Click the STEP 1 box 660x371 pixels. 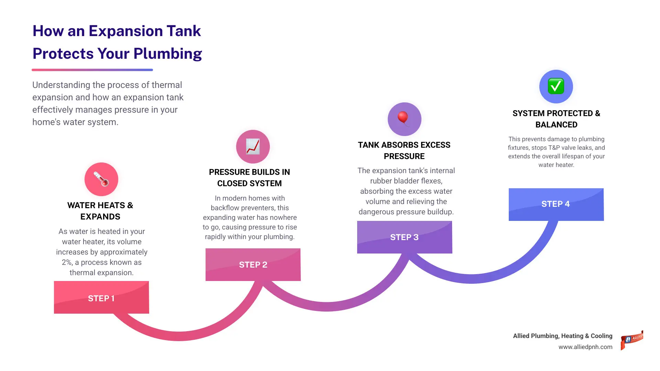[101, 297]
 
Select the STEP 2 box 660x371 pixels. [253, 265]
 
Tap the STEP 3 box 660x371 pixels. [405, 237]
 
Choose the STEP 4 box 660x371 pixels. [556, 204]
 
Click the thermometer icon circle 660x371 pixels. [101, 179]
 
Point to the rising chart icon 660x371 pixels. [253, 147]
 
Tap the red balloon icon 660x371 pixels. [404, 119]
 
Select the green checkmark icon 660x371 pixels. [556, 86]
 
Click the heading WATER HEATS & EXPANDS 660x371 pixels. [100, 211]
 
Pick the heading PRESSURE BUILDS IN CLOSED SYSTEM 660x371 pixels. [250, 178]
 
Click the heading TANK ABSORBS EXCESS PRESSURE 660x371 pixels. [404, 150]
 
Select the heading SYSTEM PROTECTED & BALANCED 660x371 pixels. [556, 119]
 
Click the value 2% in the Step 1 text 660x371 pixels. [67, 262]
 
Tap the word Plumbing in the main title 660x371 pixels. [167, 54]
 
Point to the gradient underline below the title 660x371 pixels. [92, 70]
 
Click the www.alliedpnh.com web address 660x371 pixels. [585, 347]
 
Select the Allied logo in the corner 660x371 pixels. [632, 340]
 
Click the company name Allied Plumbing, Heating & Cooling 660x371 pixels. [563, 336]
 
